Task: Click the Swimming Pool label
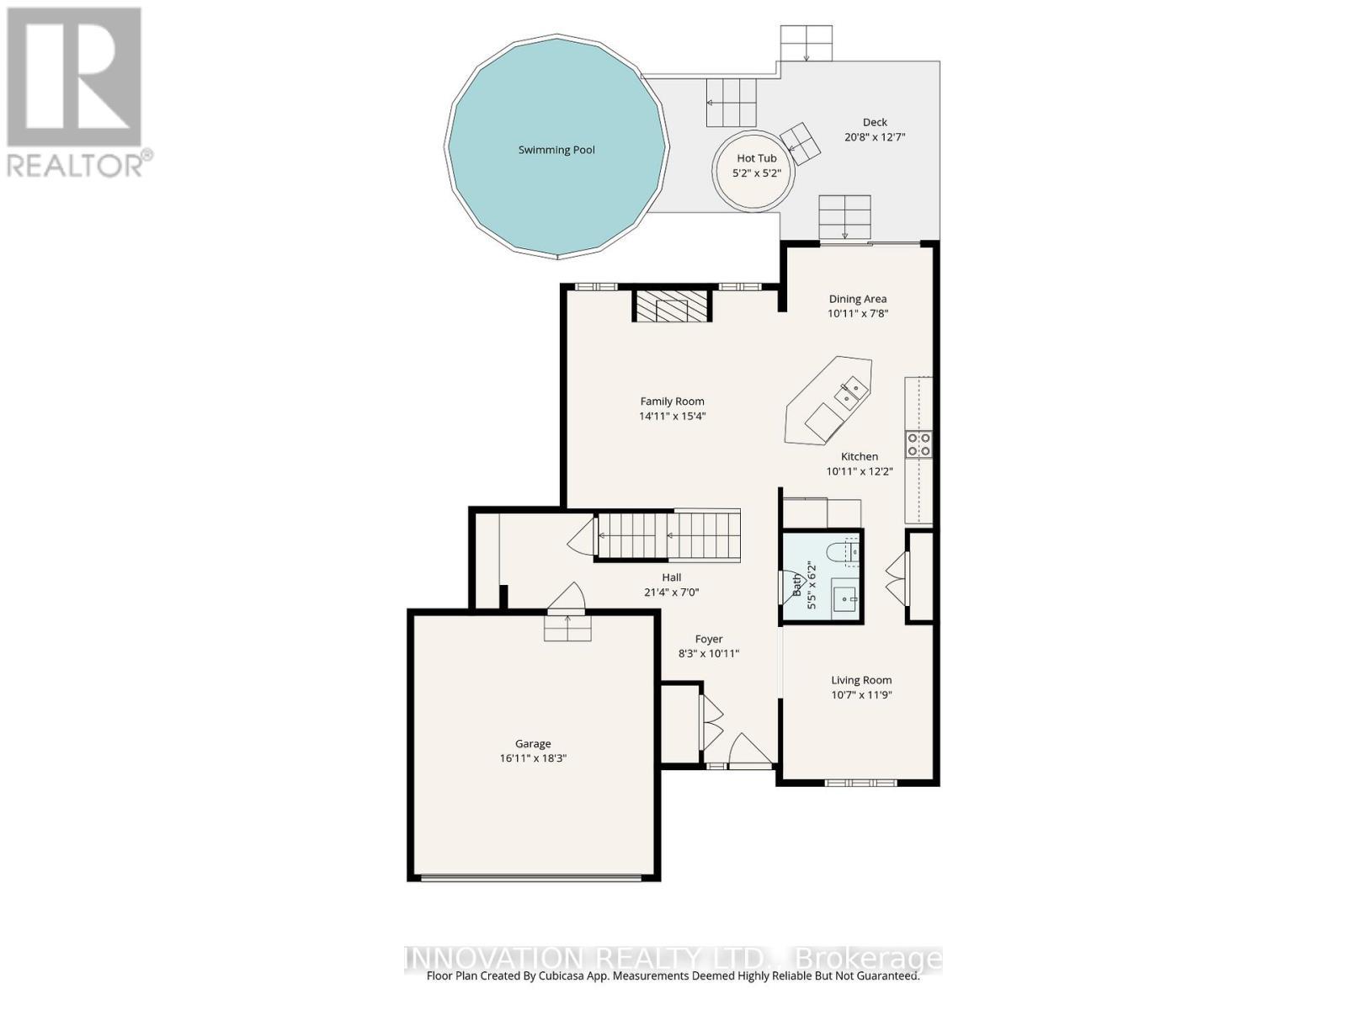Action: click(x=556, y=150)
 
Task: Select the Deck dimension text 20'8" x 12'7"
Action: click(x=875, y=137)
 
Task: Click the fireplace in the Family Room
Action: click(x=671, y=306)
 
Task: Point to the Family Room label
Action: click(x=672, y=401)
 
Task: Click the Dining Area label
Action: click(x=857, y=299)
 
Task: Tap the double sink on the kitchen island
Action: click(x=849, y=394)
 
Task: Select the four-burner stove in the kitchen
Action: click(x=918, y=444)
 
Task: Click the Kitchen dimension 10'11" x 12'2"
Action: click(x=860, y=471)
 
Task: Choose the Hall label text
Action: click(x=671, y=577)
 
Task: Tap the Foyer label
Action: click(x=709, y=639)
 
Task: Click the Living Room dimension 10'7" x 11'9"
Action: click(x=861, y=695)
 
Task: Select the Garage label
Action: click(x=533, y=743)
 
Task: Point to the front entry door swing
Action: click(x=750, y=749)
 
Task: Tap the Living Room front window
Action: click(x=860, y=783)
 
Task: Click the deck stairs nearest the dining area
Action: click(x=845, y=218)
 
